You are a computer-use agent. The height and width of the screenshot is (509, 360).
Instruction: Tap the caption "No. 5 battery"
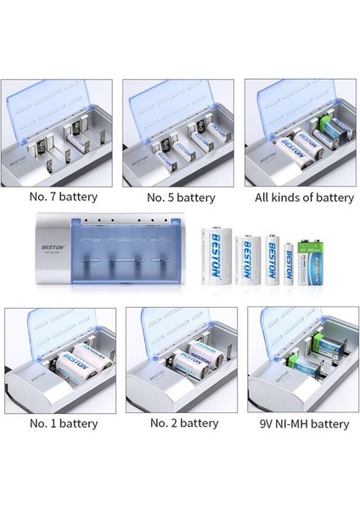coord(180,197)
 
